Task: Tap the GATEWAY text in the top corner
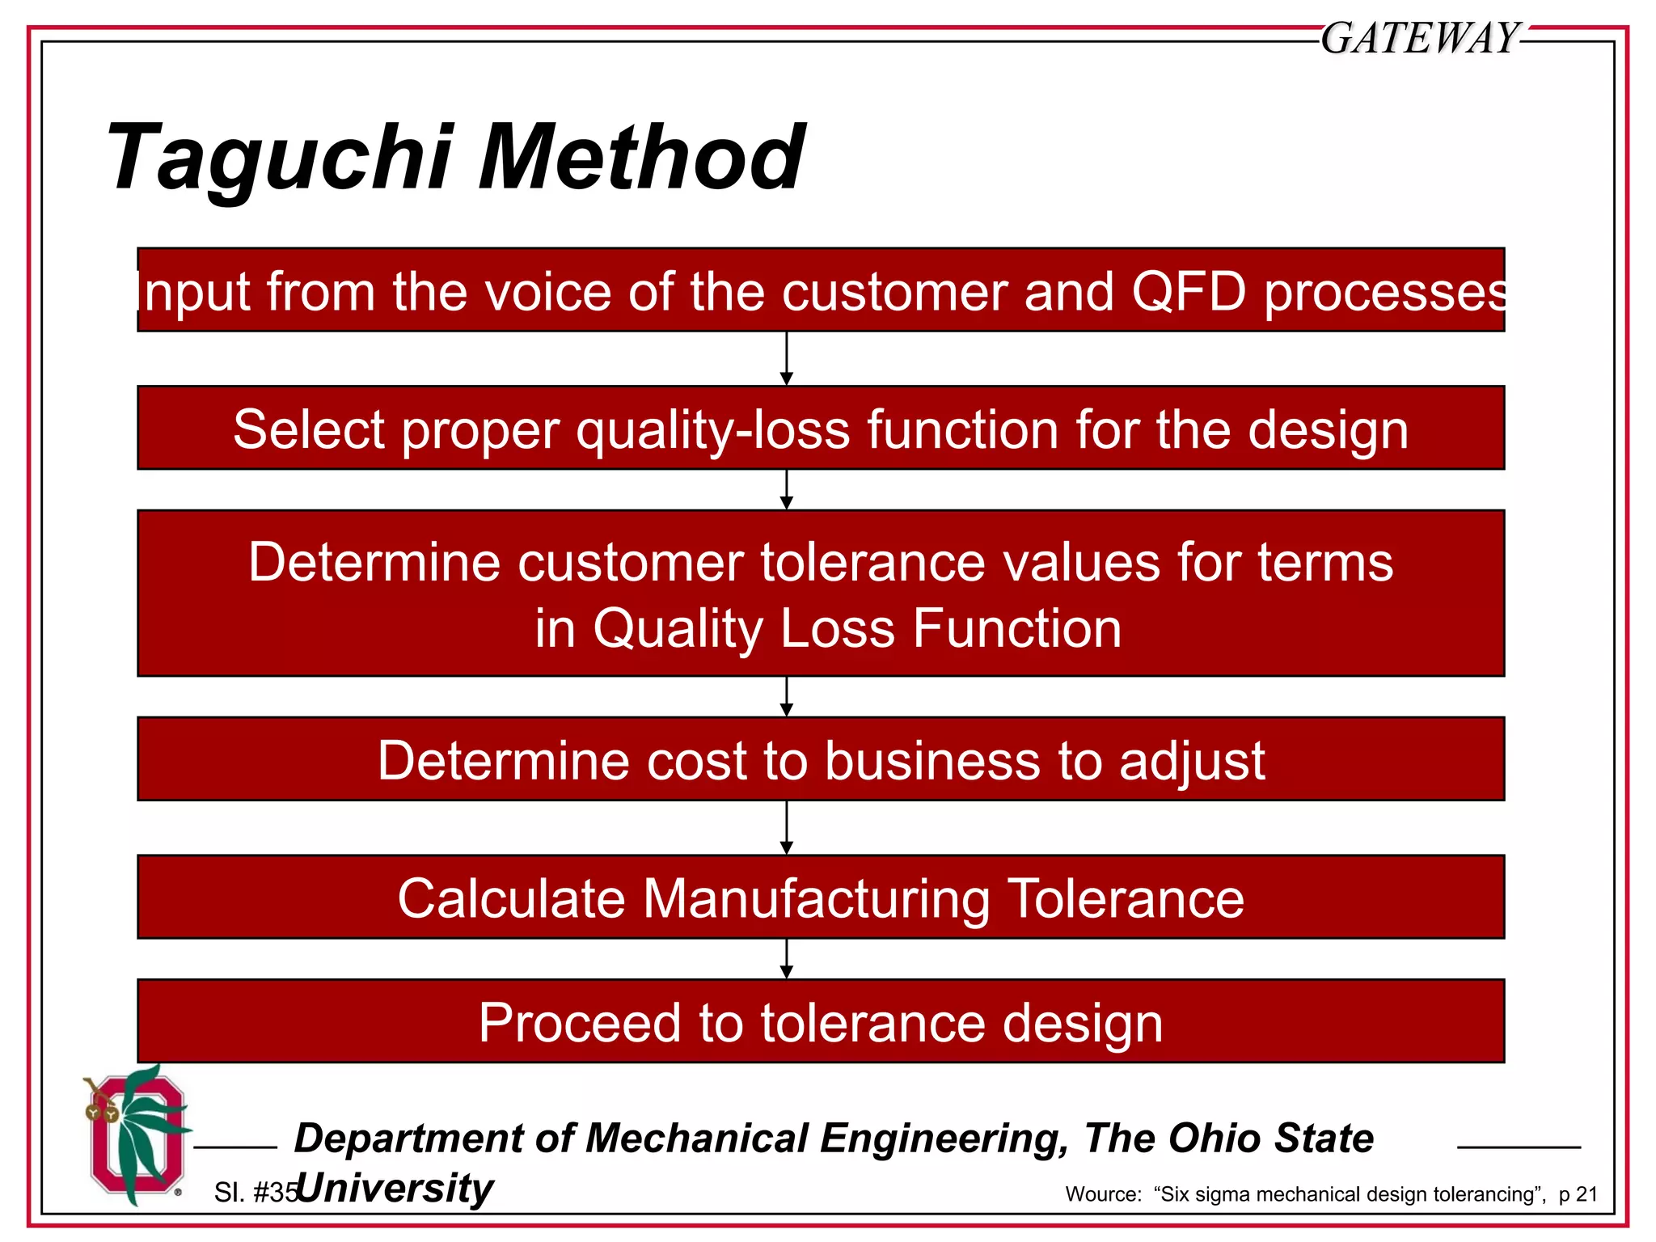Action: click(x=1420, y=38)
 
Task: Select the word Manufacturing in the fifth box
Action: click(x=816, y=898)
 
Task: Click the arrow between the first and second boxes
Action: click(x=787, y=359)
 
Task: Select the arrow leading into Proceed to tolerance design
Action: click(x=787, y=959)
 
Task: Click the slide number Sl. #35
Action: click(x=255, y=1193)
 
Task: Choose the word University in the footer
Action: click(x=395, y=1188)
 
